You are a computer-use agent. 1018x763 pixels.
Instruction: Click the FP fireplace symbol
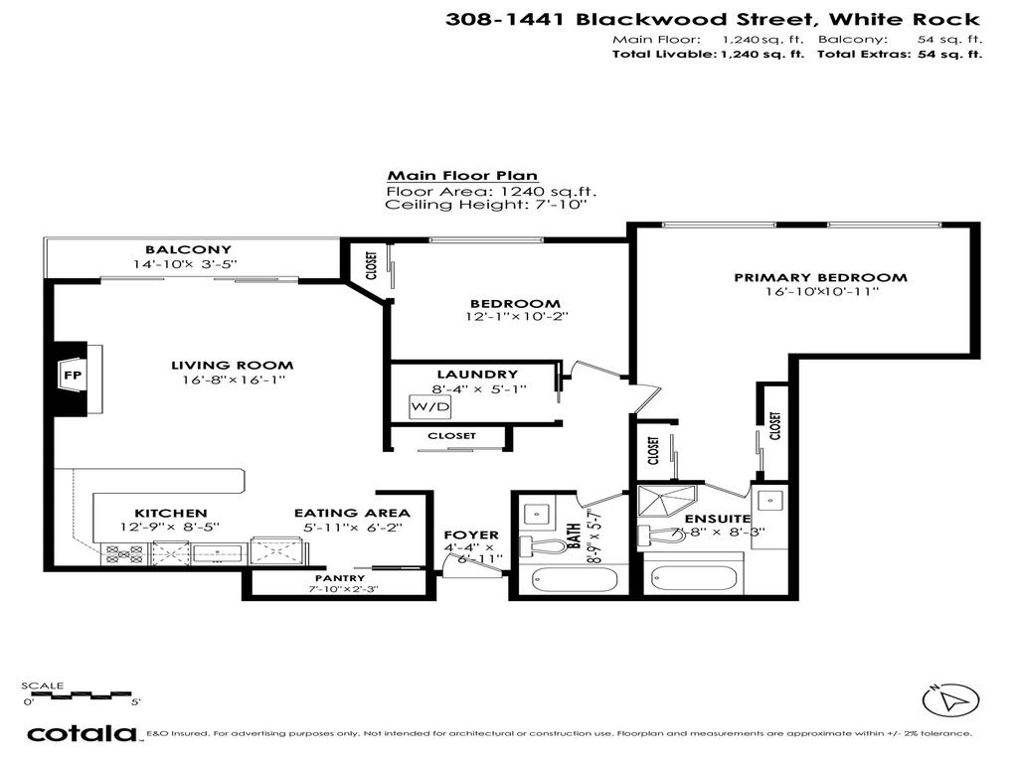73,377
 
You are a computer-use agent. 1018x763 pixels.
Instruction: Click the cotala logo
82,734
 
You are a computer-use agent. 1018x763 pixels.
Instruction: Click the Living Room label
233,365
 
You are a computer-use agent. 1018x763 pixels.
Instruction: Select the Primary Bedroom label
820,277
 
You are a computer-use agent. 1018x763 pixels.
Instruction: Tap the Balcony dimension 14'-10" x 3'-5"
189,264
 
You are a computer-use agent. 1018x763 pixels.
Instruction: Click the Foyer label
470,534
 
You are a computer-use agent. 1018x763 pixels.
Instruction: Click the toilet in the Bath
542,544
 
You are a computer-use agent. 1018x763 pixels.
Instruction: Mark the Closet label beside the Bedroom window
371,264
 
